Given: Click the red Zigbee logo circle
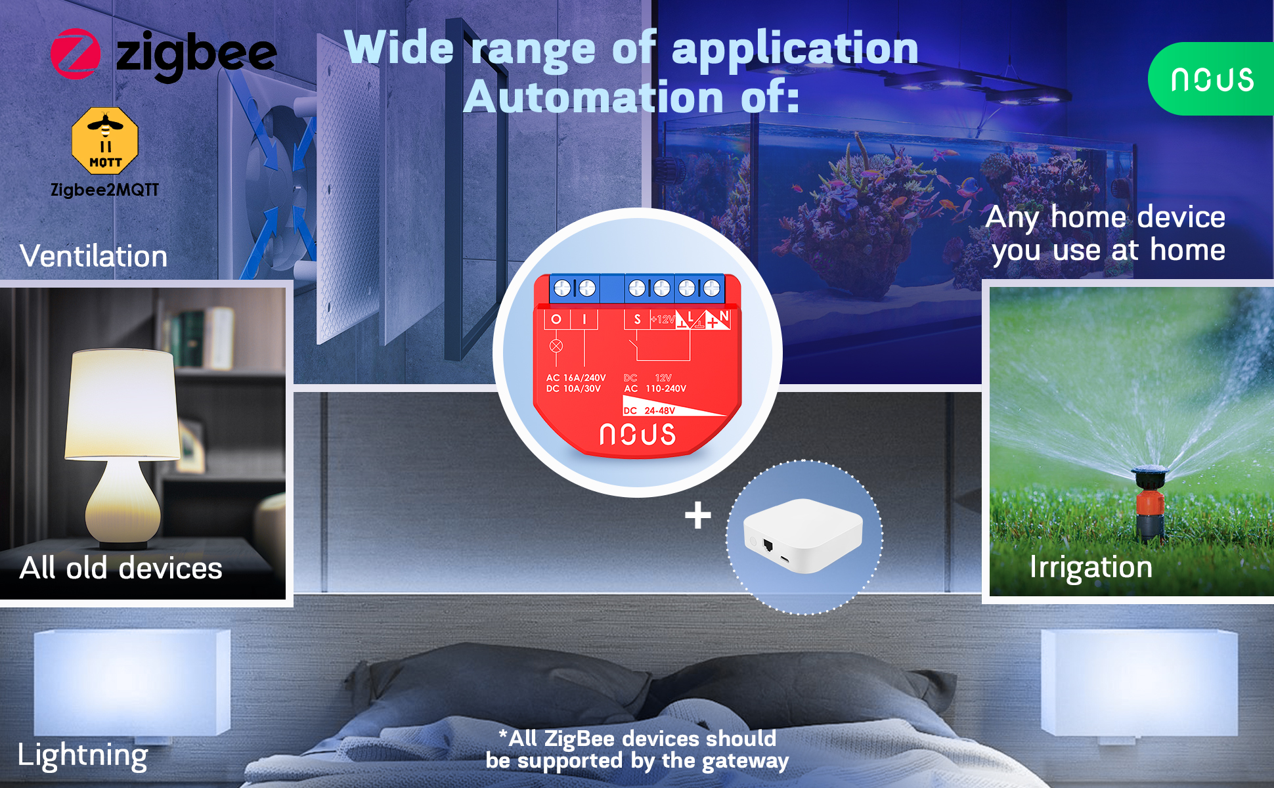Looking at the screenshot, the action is coord(76,54).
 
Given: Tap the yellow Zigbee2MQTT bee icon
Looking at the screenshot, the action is coord(105,141).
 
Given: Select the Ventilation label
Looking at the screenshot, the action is coord(94,255).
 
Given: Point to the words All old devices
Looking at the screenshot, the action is coord(121,567).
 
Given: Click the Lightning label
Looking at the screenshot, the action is coord(83,755).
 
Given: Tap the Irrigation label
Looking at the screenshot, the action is coord(1091,567).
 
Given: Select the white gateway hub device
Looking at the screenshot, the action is coord(803,535).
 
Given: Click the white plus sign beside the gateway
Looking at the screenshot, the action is coord(697,515).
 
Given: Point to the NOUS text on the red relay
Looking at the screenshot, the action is coord(638,435).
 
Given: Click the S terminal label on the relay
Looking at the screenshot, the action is coord(637,319).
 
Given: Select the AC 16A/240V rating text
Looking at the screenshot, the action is coord(576,378).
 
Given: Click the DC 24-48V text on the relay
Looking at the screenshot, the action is coord(649,410).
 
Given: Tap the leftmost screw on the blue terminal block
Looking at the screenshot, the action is coord(562,288).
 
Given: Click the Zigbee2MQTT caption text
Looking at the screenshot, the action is coord(105,190).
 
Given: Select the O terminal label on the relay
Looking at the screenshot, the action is coord(556,319).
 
